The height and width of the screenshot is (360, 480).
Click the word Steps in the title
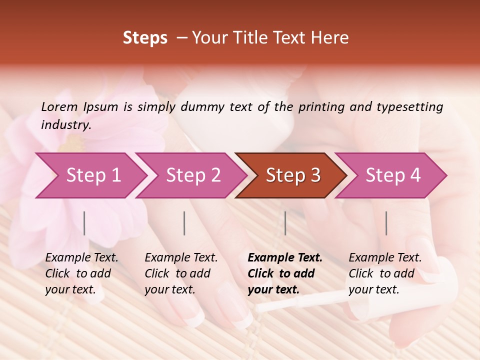pos(145,38)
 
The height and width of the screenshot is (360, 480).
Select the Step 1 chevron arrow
pos(92,175)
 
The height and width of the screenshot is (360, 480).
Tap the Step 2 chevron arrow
pos(192,175)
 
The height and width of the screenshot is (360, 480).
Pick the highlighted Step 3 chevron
pos(292,175)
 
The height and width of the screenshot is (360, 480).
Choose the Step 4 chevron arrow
pos(392,175)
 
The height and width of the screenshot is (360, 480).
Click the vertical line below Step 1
pos(84,223)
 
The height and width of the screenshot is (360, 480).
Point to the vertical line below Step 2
pos(184,223)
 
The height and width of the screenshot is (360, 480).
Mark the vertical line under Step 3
pos(285,223)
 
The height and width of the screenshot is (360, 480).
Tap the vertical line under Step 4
pos(386,223)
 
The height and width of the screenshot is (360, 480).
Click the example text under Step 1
pos(81,273)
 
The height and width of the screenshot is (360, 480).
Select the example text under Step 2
pos(181,273)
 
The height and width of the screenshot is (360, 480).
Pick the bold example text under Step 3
pos(284,273)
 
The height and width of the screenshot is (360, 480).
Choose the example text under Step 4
pos(385,273)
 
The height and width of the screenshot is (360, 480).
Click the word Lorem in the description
pos(59,106)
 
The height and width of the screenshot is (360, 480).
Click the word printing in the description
pos(319,106)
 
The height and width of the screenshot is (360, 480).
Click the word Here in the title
pos(330,38)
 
